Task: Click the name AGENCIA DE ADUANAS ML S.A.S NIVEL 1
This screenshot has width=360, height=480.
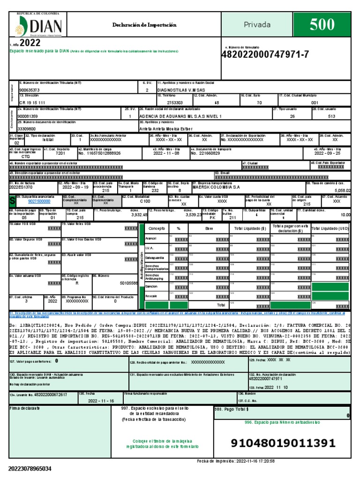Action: click(x=180, y=115)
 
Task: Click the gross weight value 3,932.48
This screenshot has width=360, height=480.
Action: click(x=139, y=214)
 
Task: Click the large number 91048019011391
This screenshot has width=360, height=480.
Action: click(x=283, y=443)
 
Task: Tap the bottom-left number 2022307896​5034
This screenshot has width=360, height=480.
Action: click(x=30, y=468)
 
